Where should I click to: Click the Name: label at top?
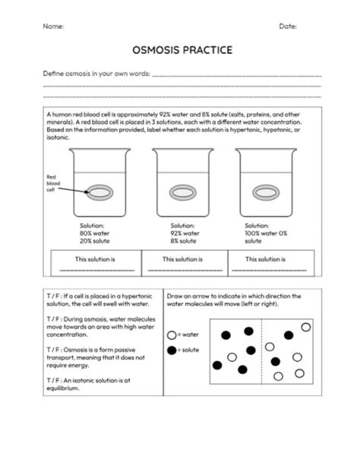pyautogui.click(x=53, y=27)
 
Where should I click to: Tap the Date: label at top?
pyautogui.click(x=288, y=27)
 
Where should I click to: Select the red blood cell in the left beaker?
pyautogui.click(x=100, y=192)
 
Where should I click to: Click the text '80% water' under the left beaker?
pyautogui.click(x=96, y=233)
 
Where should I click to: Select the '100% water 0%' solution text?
pyautogui.click(x=267, y=233)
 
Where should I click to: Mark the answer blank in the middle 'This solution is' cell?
pyautogui.click(x=185, y=270)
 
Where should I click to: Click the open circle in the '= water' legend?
pyautogui.click(x=172, y=334)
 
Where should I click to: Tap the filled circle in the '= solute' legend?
pyautogui.click(x=172, y=350)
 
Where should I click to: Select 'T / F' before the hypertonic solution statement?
pyautogui.click(x=53, y=296)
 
